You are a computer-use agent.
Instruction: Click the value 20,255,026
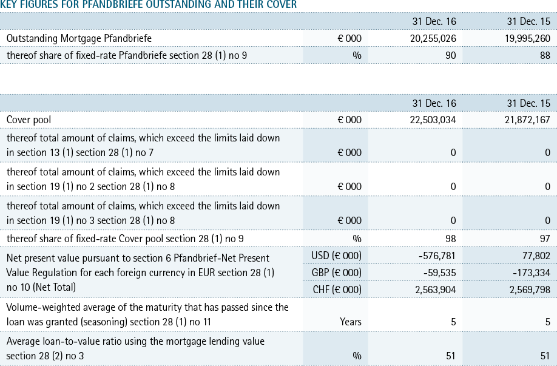pyautogui.click(x=433, y=38)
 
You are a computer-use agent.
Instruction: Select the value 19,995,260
pyautogui.click(x=527, y=38)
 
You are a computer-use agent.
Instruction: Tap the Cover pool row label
pyautogui.click(x=29, y=120)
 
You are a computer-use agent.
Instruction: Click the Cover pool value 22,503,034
pyautogui.click(x=433, y=120)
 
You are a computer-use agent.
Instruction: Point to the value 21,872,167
pyautogui.click(x=527, y=120)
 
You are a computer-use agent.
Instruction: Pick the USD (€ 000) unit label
pyautogui.click(x=336, y=256)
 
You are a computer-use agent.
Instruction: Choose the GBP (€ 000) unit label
pyautogui.click(x=337, y=273)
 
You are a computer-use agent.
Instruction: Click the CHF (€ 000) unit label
pyautogui.click(x=337, y=290)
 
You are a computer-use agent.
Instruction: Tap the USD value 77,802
pyautogui.click(x=536, y=256)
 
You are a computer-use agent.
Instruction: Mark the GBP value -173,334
pyautogui.click(x=532, y=273)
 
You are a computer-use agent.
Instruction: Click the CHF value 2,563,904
pyautogui.click(x=436, y=290)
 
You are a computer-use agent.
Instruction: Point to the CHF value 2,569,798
pyautogui.click(x=530, y=290)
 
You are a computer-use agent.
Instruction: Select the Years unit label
pyautogui.click(x=351, y=322)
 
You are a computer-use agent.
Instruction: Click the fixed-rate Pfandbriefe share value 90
pyautogui.click(x=450, y=55)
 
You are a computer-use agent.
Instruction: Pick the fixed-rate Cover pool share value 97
pyautogui.click(x=545, y=239)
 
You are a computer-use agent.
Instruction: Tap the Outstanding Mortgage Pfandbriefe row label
pyautogui.click(x=79, y=38)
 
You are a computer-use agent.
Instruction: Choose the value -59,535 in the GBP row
pyautogui.click(x=439, y=273)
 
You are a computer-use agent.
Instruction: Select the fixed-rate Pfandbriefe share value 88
pyautogui.click(x=545, y=55)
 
